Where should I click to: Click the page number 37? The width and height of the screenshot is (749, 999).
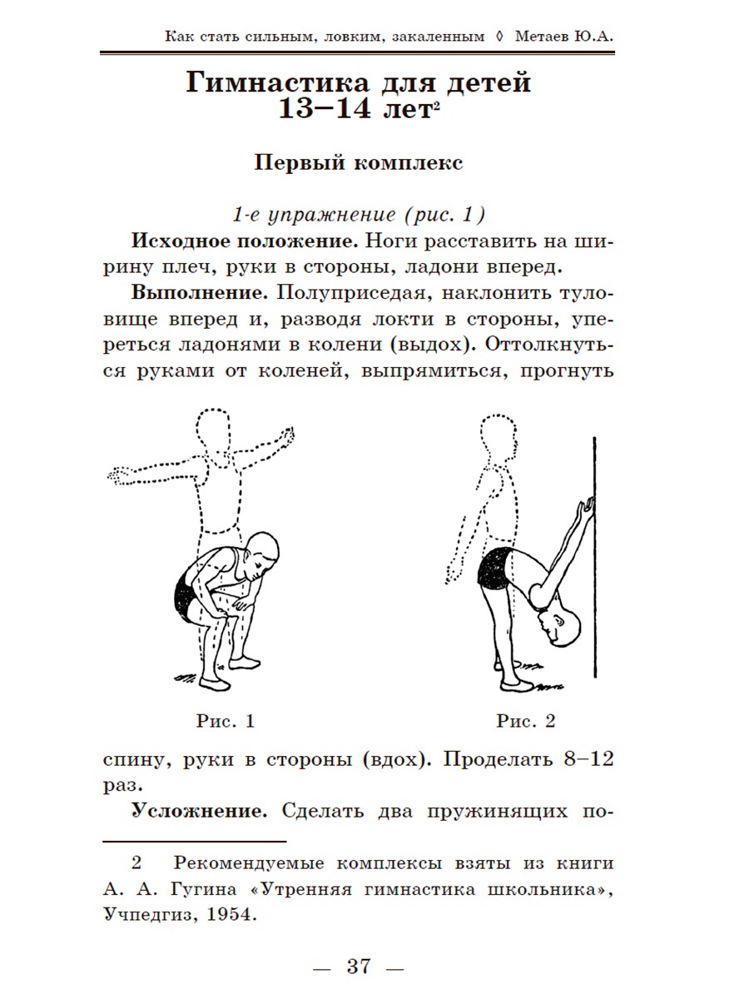pos(358,967)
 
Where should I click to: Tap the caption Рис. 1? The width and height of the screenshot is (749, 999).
pos(225,721)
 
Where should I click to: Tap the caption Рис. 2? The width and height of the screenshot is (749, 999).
pos(525,721)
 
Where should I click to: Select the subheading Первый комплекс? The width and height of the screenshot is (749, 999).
pos(358,162)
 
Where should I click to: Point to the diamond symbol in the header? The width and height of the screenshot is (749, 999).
pos(499,37)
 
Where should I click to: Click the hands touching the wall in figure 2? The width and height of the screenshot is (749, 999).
pos(588,505)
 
